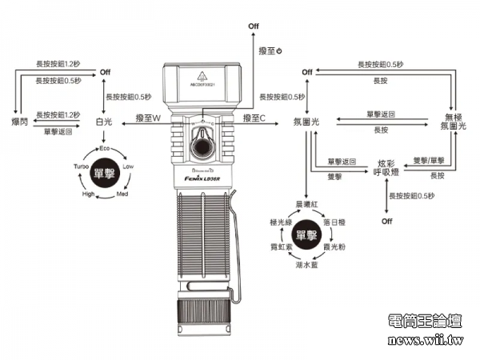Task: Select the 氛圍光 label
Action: (x=307, y=122)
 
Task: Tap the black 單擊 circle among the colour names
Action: (x=307, y=234)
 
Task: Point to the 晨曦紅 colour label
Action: (x=307, y=204)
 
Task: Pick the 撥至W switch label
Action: (x=149, y=118)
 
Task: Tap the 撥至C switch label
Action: (x=254, y=118)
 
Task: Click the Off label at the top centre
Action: (x=254, y=27)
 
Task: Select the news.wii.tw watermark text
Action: (x=425, y=342)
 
